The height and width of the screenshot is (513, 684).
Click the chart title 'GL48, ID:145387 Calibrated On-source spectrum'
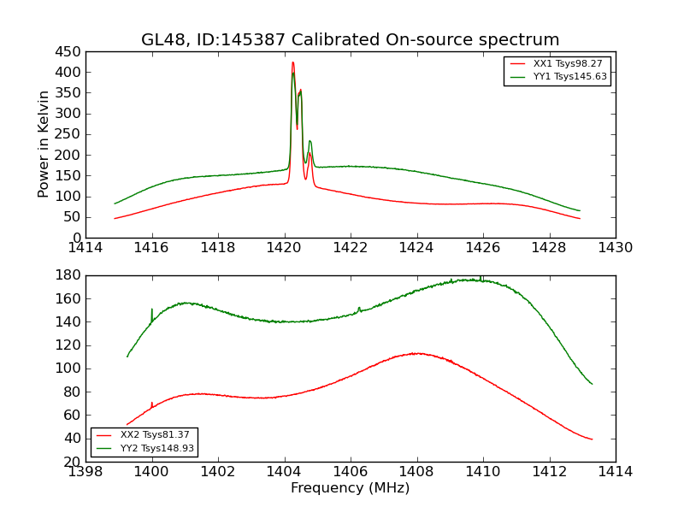pos(350,40)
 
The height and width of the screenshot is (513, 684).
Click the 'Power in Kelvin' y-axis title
pos(44,144)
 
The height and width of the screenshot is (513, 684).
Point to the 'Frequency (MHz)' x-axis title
pos(350,488)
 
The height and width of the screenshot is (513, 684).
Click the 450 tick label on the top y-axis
pos(68,51)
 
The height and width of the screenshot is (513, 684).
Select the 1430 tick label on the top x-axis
pos(615,248)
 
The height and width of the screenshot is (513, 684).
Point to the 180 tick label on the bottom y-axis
pos(68,275)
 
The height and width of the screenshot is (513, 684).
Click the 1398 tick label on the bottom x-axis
pos(86,471)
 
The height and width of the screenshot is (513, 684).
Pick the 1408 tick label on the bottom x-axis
pos(416,471)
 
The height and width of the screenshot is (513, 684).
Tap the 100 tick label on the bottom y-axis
pos(68,369)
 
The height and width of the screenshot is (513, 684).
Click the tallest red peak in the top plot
pos(292,62)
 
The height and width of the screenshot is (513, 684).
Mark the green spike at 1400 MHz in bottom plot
pos(152,310)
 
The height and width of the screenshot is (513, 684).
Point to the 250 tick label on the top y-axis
pos(68,134)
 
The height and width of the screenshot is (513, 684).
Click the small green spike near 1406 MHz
pos(359,308)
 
